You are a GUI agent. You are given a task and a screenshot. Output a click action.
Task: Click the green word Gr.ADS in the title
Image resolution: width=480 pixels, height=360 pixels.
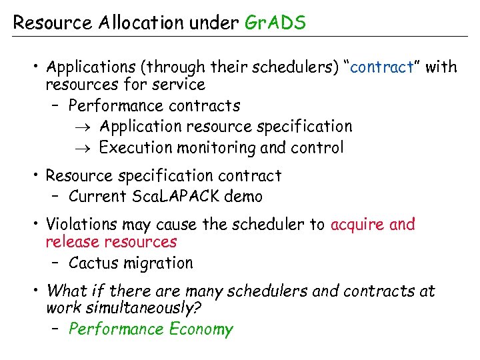coord(275,23)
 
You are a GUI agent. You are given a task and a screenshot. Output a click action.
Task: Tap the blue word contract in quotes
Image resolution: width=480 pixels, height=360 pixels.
coord(382,67)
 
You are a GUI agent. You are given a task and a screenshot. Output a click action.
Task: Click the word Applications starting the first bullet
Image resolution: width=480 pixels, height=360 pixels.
coord(91,67)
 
